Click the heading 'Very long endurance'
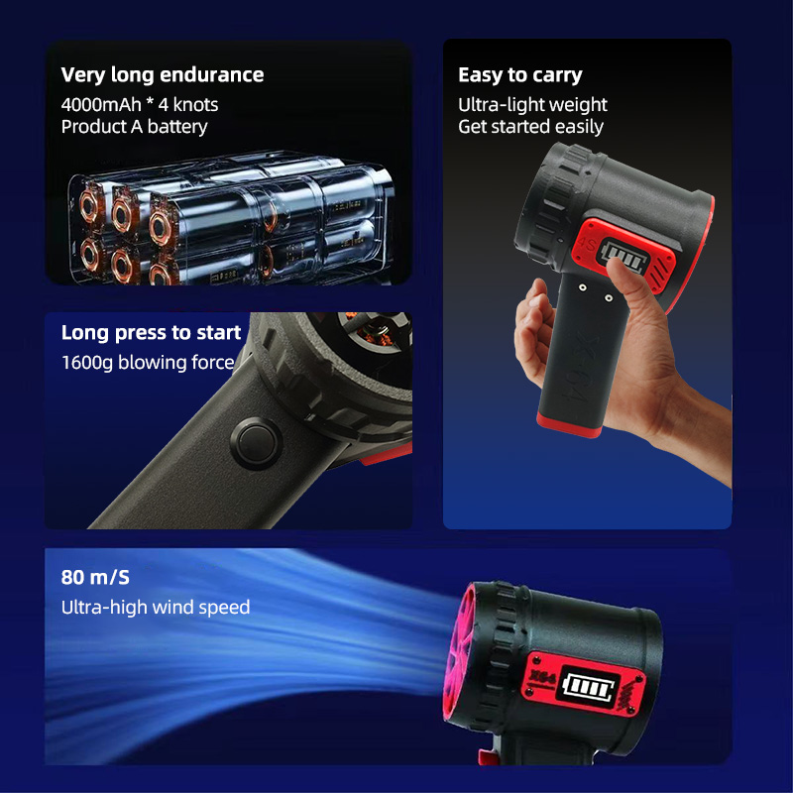click(163, 75)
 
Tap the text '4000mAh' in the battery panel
click(101, 105)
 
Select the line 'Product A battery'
click(134, 127)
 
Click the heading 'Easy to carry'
click(519, 75)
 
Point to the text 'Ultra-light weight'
click(532, 105)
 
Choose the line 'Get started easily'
click(530, 127)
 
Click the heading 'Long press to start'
click(151, 333)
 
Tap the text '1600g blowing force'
click(148, 363)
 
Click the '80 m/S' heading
click(95, 577)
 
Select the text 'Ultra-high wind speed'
click(156, 607)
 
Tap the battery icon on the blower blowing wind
click(589, 688)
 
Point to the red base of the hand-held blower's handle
click(569, 424)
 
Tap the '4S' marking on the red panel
click(587, 244)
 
